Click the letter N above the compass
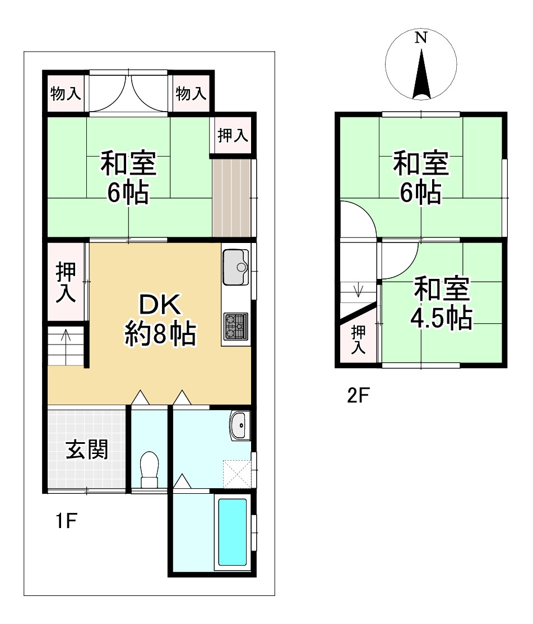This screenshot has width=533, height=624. [421, 38]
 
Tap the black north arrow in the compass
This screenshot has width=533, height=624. [421, 76]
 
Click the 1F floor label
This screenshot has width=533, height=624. [66, 522]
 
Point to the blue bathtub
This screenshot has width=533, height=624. [232, 531]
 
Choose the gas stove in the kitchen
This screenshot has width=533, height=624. [235, 326]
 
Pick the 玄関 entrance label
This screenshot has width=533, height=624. [87, 449]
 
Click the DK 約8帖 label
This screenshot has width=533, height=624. [159, 320]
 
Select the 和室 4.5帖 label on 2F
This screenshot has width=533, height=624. [441, 304]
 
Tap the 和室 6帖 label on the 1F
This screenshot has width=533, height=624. [128, 178]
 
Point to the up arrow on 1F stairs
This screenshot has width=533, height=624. [66, 337]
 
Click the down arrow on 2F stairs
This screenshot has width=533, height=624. [359, 291]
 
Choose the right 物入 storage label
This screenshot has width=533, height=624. [191, 94]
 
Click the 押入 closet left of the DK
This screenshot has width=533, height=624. [66, 282]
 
